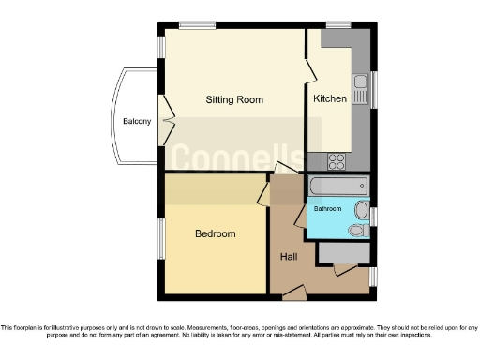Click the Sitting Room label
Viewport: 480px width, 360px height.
click(234, 99)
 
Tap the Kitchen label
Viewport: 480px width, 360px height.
click(330, 98)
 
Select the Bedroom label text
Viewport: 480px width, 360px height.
click(215, 233)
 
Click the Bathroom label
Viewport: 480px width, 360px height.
click(327, 208)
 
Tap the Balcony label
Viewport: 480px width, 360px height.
click(137, 121)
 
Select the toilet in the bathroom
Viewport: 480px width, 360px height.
click(357, 230)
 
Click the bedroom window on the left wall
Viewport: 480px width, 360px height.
click(159, 239)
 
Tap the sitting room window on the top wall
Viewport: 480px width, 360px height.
click(198, 24)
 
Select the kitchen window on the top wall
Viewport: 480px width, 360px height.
click(338, 24)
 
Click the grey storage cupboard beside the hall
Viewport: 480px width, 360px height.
click(344, 251)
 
